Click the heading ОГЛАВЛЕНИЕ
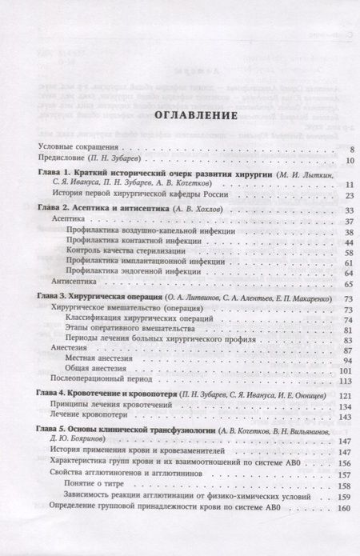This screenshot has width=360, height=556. (x=179, y=116)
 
